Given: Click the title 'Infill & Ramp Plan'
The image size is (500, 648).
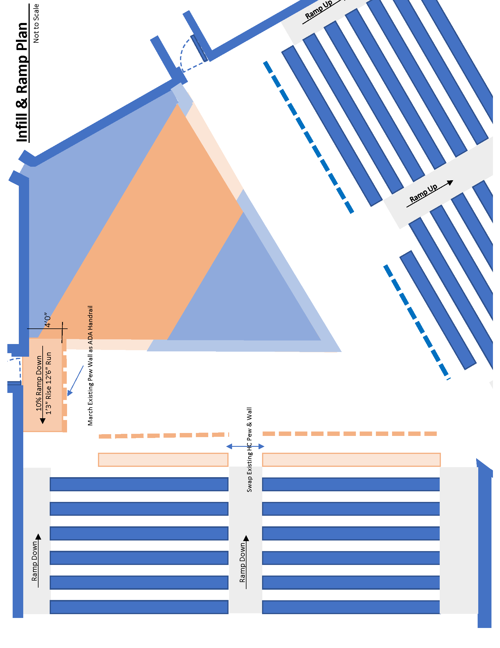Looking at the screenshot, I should tap(22, 82).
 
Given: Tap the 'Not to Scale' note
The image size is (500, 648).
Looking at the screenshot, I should tap(36, 24).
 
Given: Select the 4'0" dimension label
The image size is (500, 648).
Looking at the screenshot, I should tap(47, 320).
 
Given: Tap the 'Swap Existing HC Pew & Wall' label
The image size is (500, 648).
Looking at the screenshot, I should tap(249, 449).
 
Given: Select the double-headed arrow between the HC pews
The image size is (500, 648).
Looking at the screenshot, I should tap(245, 446).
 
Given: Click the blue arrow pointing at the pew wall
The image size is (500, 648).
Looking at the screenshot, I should tap(75, 381).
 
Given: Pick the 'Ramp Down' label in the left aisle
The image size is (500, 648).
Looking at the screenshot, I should tap(35, 561).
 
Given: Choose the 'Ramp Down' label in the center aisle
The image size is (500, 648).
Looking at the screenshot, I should tap(243, 562).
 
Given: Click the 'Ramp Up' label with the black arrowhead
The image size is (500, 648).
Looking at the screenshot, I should tap(423, 193).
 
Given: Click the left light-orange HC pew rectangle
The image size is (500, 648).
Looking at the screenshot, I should tap(163, 459).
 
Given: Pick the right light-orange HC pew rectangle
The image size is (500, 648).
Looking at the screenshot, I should tap(351, 459).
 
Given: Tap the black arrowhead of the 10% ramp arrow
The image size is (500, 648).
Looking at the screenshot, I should tap(43, 421).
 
